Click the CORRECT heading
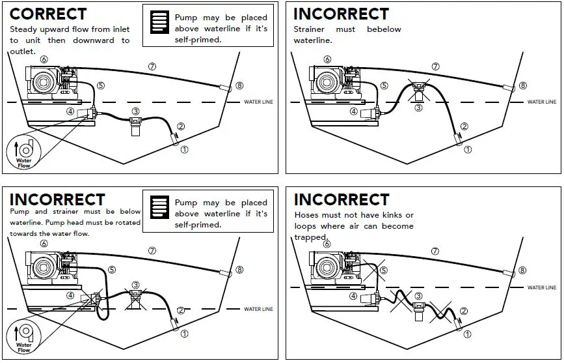tap(48, 14)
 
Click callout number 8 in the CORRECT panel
tap(240, 85)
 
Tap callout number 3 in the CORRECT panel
tap(135, 111)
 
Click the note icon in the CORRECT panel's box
tap(160, 24)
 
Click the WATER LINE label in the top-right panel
tap(541, 102)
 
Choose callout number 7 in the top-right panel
tap(435, 66)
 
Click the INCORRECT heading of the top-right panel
tap(341, 14)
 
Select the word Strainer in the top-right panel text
tap(309, 29)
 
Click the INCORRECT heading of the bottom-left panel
tap(57, 199)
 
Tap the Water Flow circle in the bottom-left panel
tap(24, 336)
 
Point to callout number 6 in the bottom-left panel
tap(44, 244)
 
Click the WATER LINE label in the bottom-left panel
tap(258, 309)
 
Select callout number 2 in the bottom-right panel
tap(464, 311)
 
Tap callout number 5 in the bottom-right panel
tap(384, 270)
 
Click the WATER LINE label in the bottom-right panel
tap(541, 287)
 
